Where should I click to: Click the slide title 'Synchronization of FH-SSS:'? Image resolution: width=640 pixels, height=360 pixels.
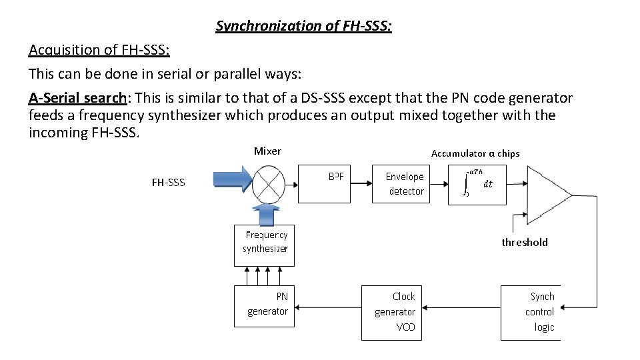tap(304, 27)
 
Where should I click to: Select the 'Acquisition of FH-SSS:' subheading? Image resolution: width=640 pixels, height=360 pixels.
tap(99, 50)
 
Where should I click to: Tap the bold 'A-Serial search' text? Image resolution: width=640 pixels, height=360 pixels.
tap(78, 98)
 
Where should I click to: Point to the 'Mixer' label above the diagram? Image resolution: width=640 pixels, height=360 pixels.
tap(267, 151)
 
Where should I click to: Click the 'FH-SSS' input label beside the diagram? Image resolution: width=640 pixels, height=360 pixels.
tap(169, 183)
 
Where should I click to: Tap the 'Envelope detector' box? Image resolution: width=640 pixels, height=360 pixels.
tap(401, 183)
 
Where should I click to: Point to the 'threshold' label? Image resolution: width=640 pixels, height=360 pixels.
tap(525, 243)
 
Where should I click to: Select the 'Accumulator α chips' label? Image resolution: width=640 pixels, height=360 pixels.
tap(475, 153)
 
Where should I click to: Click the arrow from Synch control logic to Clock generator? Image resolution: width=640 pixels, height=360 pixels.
tap(463, 309)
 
